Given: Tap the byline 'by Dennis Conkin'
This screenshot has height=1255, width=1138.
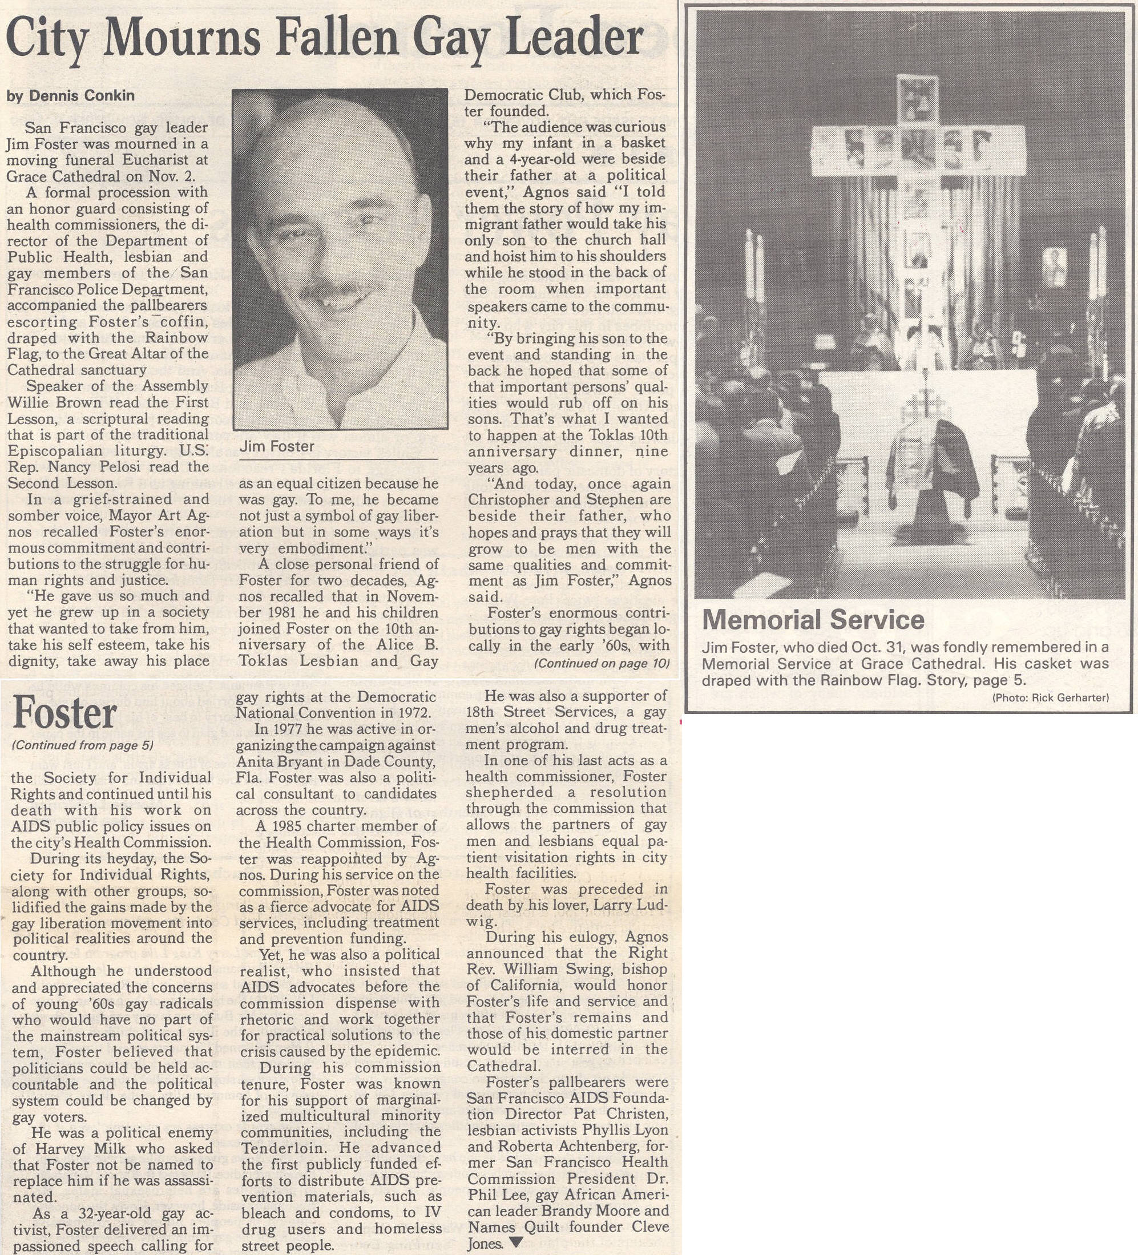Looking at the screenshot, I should coord(70,96).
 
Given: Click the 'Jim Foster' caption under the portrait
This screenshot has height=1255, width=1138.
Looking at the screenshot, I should coord(277,446).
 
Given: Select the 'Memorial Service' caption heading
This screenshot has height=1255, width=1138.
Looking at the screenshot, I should coord(813,619).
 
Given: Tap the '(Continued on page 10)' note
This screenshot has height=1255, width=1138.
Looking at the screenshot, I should coord(602,663).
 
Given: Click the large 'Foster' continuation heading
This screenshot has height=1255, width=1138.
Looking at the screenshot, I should coord(64,713).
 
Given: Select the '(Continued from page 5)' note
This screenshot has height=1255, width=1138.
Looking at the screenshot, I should coord(82,746).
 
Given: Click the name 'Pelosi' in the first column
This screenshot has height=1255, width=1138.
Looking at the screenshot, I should coord(143,467).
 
